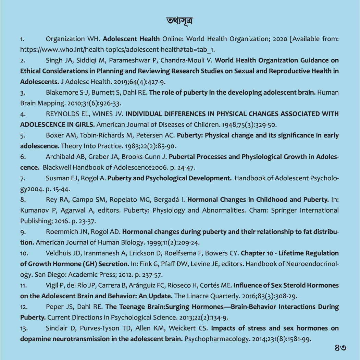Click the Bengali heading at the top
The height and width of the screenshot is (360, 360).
179,21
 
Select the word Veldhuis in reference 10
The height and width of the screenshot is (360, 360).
59,253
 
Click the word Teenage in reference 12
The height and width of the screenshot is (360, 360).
133,307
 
